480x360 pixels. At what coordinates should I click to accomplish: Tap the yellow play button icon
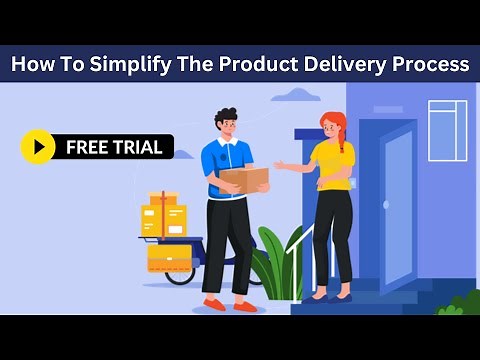pos(38,147)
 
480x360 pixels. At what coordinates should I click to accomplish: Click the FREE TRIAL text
pos(112,147)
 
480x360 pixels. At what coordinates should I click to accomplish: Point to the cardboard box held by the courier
pos(244,180)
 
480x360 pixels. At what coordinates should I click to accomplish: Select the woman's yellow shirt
pos(332,166)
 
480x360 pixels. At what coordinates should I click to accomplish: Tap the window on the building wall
pos(447,130)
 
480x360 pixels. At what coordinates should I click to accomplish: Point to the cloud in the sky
pos(296,95)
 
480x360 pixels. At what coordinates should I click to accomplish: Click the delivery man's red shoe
pos(214,304)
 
